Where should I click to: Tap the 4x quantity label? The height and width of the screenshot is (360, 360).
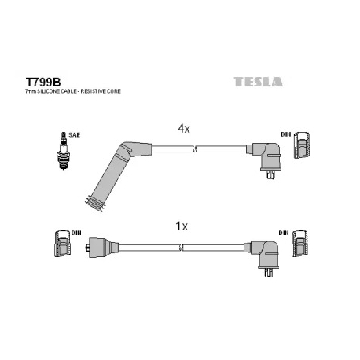click(x=183, y=127)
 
